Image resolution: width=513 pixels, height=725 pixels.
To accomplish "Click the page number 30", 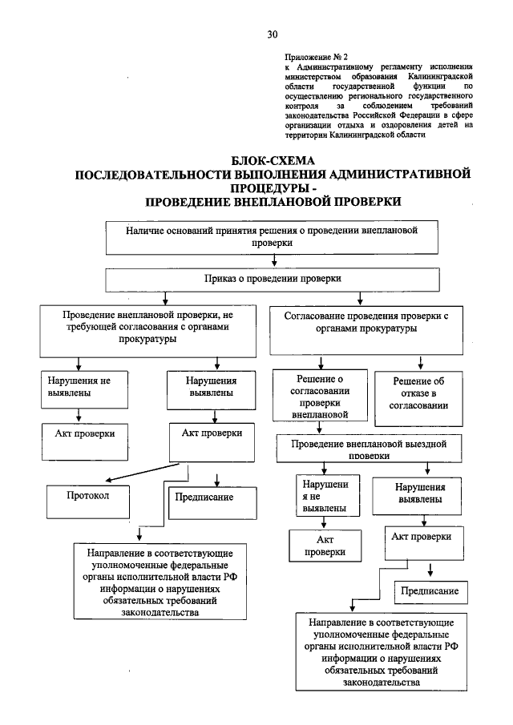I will (272, 34).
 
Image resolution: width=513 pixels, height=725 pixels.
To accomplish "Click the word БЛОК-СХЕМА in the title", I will (272, 160).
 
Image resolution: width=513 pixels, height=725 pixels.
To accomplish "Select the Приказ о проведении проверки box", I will (273, 279).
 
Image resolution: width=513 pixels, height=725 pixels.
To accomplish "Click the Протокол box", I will (87, 494).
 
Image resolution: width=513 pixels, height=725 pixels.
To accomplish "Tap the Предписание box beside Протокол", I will (204, 497).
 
